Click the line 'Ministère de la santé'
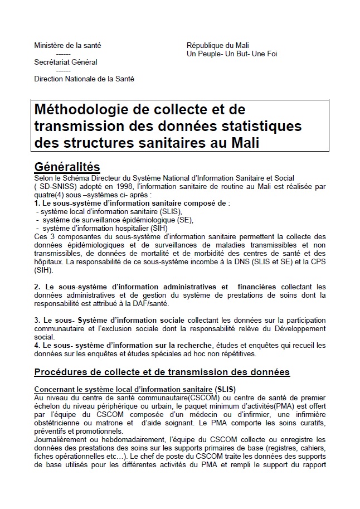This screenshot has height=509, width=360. tap(67, 46)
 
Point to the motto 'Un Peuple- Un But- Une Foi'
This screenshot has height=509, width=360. tap(232, 54)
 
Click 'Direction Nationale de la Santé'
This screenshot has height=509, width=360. tap(84, 79)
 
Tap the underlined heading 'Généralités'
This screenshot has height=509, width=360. tap(67, 167)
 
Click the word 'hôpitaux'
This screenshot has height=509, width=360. tap(48, 263)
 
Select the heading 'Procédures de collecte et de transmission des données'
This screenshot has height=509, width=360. tap(162, 372)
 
